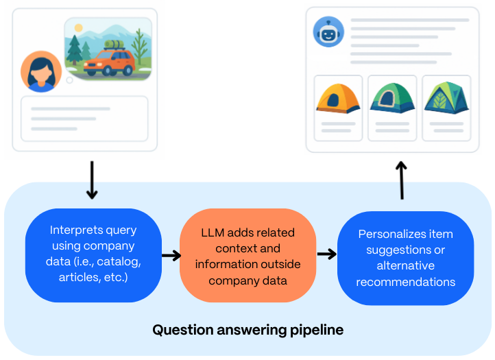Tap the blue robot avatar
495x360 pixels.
pos(328,32)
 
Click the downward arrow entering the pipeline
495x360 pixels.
pos(92,180)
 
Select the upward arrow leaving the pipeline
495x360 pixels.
pos(402,180)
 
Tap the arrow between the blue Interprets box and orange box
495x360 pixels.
pos(171,256)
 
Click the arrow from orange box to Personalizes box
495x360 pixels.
pos(327,254)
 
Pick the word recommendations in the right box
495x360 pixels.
pos(406,281)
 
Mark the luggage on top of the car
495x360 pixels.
pos(114,45)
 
